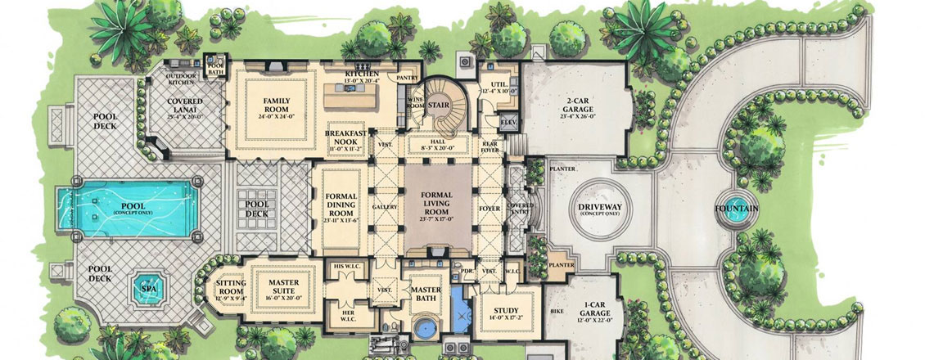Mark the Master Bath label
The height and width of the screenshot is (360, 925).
click(x=426, y=294)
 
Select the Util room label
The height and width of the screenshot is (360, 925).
click(x=499, y=87)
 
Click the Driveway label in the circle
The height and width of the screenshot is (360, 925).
click(x=599, y=209)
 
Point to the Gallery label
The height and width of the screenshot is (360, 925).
click(x=385, y=206)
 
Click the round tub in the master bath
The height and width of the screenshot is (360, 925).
click(x=425, y=330)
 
